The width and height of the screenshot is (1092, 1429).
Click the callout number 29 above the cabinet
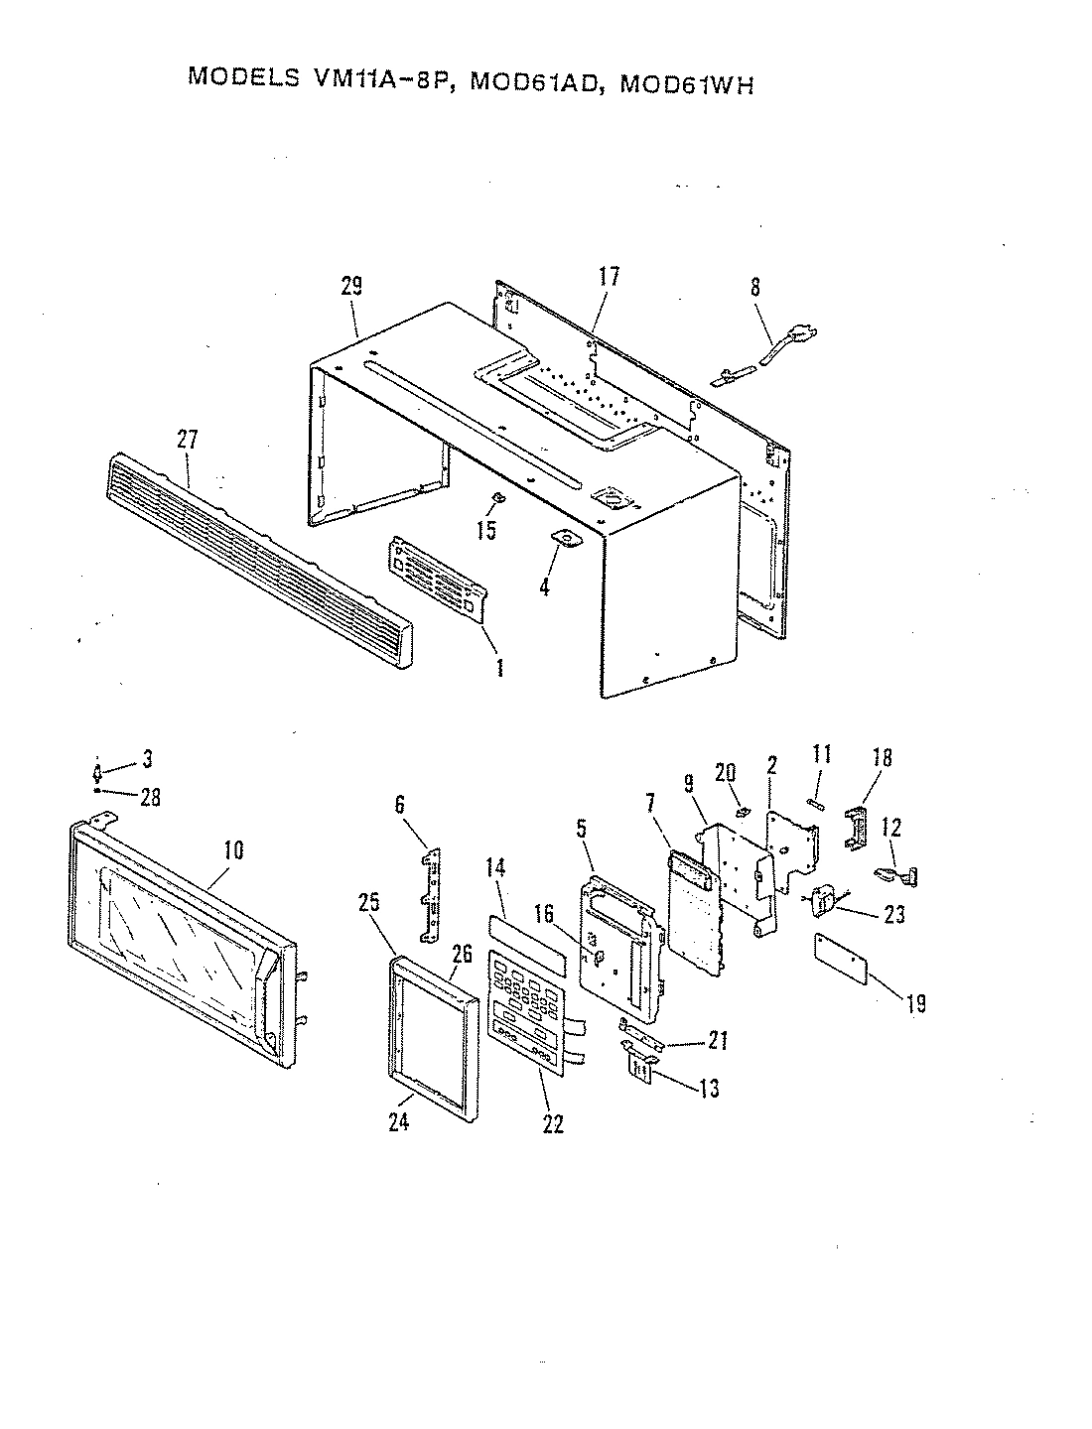pyautogui.click(x=351, y=287)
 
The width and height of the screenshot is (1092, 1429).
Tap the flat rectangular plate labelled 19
pyautogui.click(x=841, y=958)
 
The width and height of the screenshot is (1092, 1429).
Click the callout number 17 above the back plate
pyautogui.click(x=608, y=277)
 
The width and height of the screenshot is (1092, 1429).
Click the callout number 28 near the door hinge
pyautogui.click(x=150, y=797)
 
